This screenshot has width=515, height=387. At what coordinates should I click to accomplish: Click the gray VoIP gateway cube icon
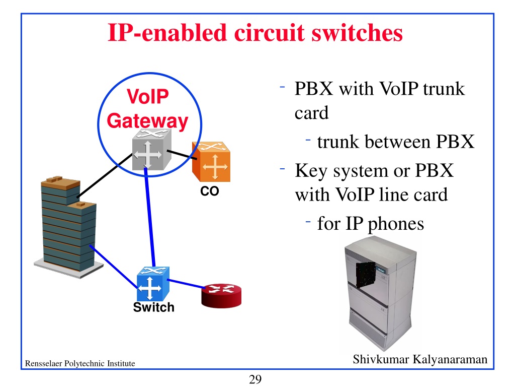[x=152, y=150]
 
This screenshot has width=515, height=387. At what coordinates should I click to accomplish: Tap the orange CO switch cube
[x=211, y=162]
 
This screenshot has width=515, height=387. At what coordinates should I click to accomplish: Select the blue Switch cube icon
[x=153, y=284]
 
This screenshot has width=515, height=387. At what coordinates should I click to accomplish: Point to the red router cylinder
[x=221, y=296]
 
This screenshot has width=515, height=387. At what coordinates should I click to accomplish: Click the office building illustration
[x=68, y=227]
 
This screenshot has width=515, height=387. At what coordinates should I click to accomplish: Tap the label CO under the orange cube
[x=210, y=191]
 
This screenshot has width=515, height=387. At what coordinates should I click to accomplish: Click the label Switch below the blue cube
[x=154, y=307]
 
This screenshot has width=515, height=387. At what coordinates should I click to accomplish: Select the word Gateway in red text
[x=147, y=121]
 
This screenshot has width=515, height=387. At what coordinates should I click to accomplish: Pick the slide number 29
[x=255, y=379]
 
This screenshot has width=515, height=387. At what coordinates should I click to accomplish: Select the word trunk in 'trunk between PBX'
[x=338, y=142]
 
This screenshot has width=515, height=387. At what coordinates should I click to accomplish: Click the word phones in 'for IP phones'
[x=396, y=224]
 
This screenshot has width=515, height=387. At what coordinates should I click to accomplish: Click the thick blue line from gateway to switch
[x=150, y=217]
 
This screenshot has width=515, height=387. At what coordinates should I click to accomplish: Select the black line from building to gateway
[x=105, y=175]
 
